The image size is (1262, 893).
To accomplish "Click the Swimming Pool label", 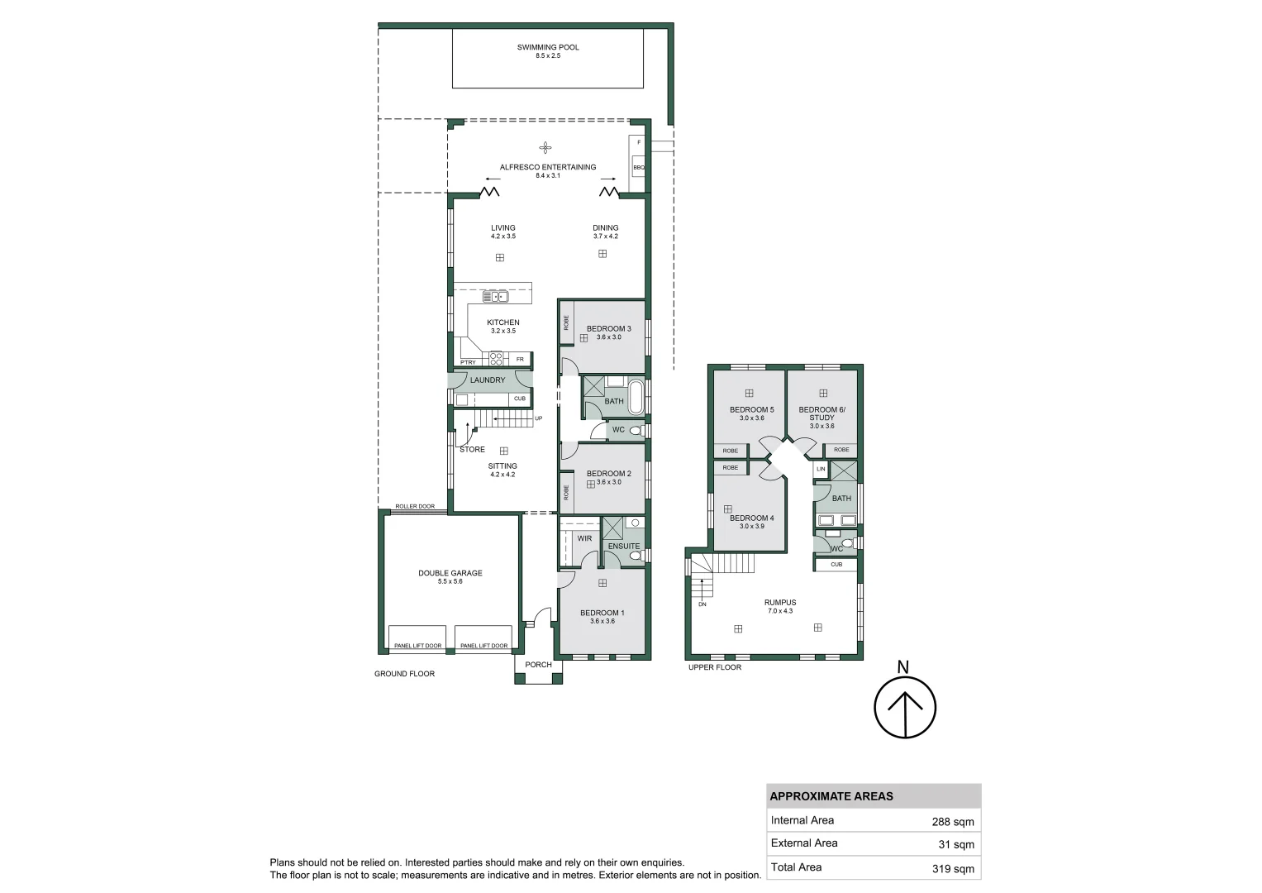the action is pos(548,47).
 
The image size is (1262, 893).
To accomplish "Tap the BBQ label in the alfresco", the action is pos(638,167).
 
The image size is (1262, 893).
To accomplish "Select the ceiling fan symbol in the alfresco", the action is pos(545,148).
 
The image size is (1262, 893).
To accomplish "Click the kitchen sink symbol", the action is pos(495,296).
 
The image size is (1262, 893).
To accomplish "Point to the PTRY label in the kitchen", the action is pos(468,362).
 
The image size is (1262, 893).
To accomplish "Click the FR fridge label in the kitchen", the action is pos(520,359).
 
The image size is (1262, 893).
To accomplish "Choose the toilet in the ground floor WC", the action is pos(636,431).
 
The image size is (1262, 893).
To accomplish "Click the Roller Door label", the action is pos(415,506).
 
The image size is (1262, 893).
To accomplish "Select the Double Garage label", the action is pos(450,573).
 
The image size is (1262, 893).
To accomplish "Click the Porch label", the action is pos(538,665).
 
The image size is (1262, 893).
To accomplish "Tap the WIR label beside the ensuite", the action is pos(584,538).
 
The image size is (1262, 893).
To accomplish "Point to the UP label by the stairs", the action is pos(538,418).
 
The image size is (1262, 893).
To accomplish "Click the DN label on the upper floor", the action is pos(702,604).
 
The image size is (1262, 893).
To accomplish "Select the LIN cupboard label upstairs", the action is pos(821,469).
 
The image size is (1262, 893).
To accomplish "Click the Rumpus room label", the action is pos(779,603).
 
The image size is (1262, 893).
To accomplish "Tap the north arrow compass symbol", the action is pos(905,708).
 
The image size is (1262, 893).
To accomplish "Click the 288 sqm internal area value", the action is pos(953,822).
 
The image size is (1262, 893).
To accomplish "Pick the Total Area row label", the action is pos(796,867).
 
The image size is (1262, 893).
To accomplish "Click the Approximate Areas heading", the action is pos(831,796).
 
